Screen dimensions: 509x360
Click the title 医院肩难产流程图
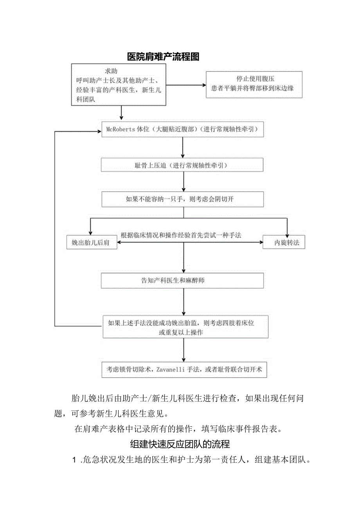pyautogui.click(x=163, y=57)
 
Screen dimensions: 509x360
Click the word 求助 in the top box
pyautogui.click(x=111, y=71)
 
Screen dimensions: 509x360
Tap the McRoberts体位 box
pyautogui.click(x=182, y=129)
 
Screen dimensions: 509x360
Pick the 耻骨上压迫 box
pyautogui.click(x=182, y=165)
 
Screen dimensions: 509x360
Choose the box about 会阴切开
pyautogui.click(x=182, y=199)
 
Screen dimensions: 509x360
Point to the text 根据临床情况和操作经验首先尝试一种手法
pyautogui.click(x=181, y=235)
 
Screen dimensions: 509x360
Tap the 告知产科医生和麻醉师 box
pyautogui.click(x=182, y=281)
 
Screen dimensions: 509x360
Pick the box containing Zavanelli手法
pyautogui.click(x=184, y=369)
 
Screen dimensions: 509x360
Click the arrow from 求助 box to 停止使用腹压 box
pyautogui.click(x=186, y=85)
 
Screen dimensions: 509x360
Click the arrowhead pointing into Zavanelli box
pyautogui.click(x=184, y=358)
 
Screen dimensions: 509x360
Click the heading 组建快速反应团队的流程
pyautogui.click(x=180, y=444)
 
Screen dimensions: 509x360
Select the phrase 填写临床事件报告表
pyautogui.click(x=241, y=429)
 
